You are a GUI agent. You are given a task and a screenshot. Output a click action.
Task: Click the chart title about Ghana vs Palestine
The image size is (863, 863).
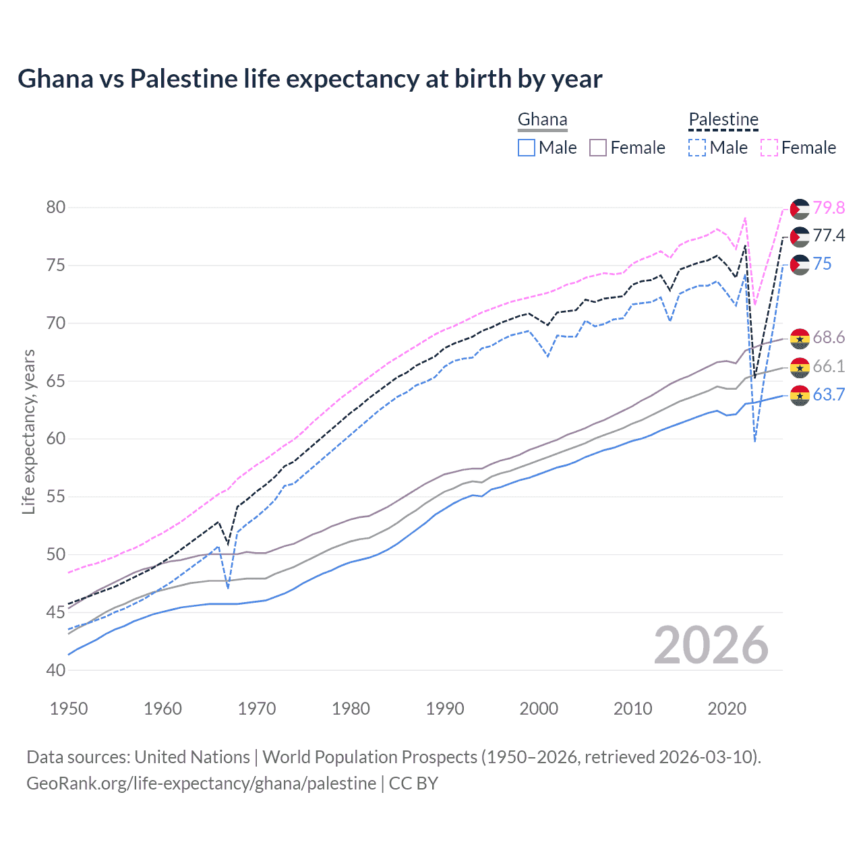[x=309, y=79]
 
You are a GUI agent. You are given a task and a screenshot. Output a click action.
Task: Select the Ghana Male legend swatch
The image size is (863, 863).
[x=527, y=148]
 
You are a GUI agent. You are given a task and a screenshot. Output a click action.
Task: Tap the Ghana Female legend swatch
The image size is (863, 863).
[x=598, y=148]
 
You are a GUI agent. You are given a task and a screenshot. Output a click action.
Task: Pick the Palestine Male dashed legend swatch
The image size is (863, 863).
[x=697, y=148]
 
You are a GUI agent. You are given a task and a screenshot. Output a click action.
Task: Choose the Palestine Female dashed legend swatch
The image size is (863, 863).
[x=769, y=148]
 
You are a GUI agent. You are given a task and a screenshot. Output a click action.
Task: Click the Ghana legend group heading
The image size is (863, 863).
[x=542, y=120]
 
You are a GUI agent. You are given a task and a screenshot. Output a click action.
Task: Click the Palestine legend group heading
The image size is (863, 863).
[x=723, y=120]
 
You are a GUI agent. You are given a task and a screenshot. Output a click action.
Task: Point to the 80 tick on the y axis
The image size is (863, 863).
[x=56, y=207]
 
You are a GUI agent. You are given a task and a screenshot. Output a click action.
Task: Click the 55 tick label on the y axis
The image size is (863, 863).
[x=56, y=497]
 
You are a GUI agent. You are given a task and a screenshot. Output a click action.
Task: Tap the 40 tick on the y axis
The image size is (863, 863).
[x=56, y=670]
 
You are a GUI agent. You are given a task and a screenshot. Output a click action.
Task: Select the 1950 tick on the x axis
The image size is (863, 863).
[x=69, y=709]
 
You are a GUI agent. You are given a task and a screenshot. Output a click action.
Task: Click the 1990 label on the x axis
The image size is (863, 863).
[x=445, y=709]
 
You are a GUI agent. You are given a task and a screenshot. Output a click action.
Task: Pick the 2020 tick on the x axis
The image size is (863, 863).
[x=727, y=709]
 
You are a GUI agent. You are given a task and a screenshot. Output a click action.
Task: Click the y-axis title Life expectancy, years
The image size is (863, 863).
[x=28, y=431]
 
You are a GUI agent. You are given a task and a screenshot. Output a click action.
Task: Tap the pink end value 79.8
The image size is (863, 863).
[x=829, y=208]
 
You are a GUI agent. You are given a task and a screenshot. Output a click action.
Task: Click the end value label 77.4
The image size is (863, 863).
[x=829, y=236]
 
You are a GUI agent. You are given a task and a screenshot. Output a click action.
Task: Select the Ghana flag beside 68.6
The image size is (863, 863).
[x=800, y=338]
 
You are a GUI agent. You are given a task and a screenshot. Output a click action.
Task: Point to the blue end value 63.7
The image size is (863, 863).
[x=829, y=395]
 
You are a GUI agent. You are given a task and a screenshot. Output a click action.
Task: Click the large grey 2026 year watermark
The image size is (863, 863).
[x=711, y=645]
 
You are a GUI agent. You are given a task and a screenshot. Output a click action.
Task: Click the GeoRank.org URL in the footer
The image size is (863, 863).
[x=201, y=783]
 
